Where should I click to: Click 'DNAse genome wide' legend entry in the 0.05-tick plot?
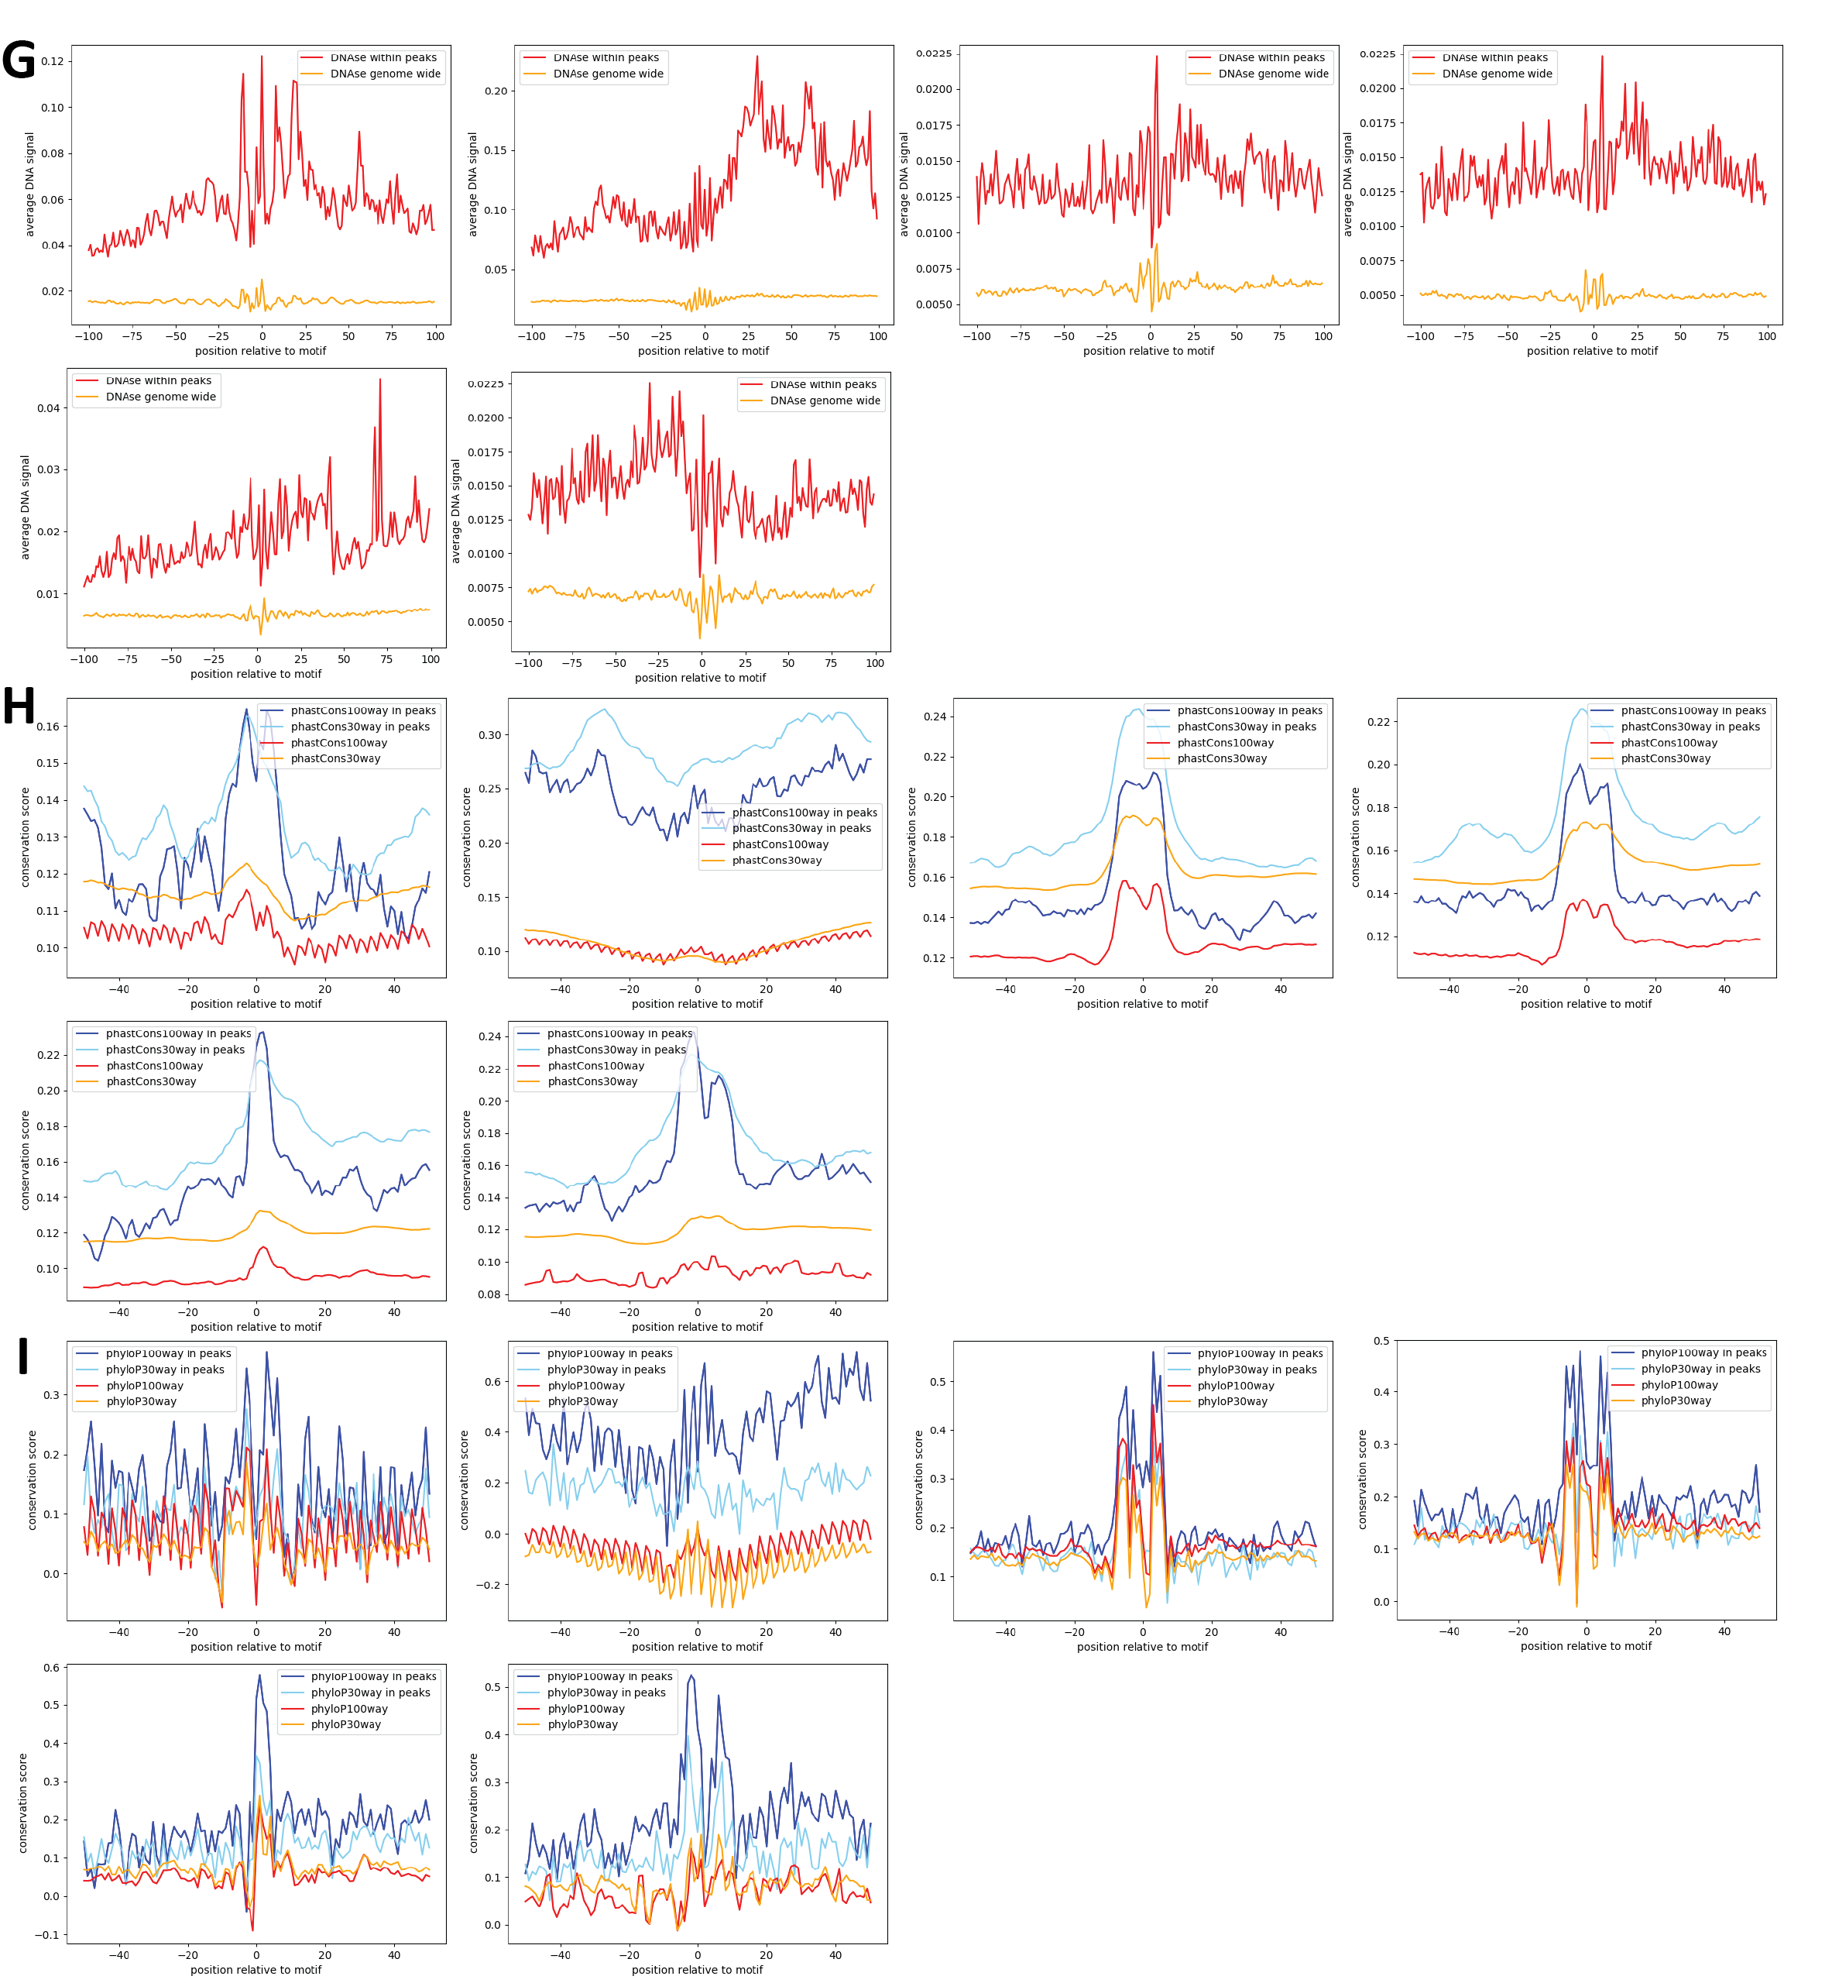click(x=608, y=74)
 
